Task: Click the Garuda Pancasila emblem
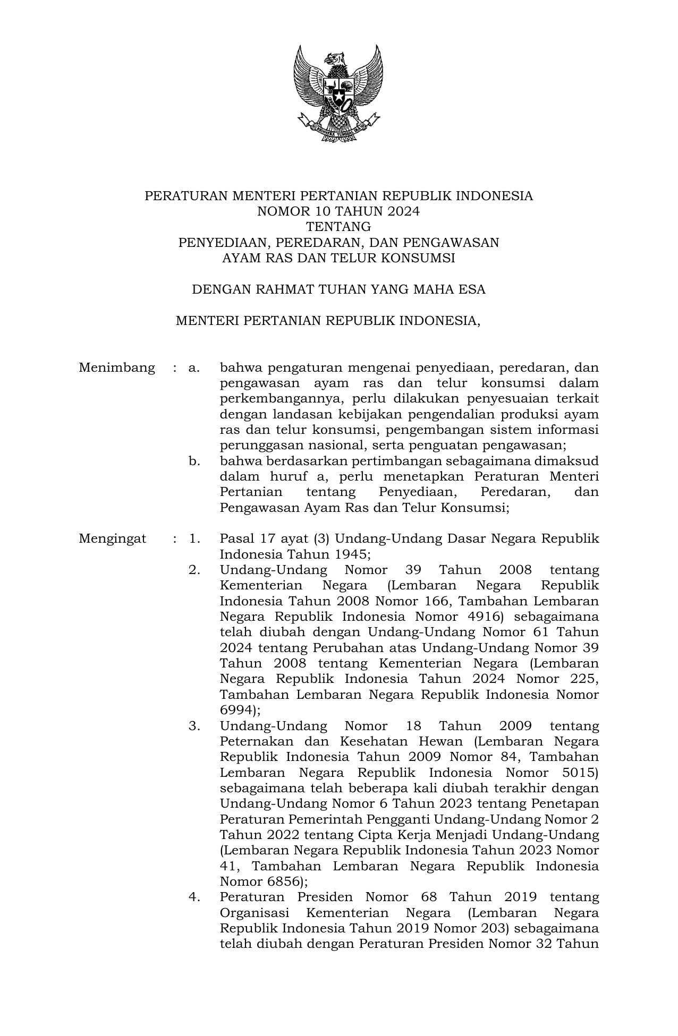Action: point(337,93)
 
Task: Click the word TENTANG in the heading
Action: point(338,227)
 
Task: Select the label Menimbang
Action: point(117,367)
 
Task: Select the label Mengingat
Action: point(113,538)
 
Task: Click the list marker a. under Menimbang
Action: point(194,367)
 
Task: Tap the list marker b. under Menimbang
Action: point(194,461)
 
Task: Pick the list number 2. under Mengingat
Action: point(194,570)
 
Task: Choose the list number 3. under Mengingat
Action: point(194,726)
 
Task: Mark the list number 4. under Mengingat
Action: point(194,897)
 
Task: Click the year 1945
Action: point(350,554)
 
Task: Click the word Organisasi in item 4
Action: point(255,913)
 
